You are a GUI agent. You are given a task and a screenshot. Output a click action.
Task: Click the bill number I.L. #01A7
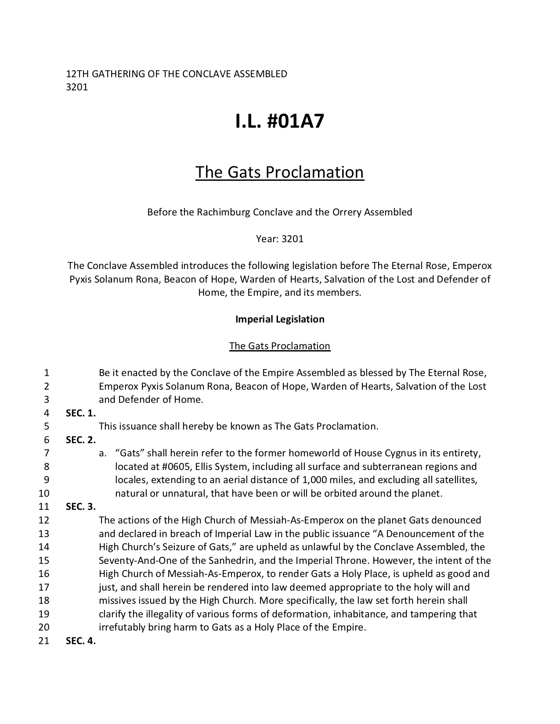280,121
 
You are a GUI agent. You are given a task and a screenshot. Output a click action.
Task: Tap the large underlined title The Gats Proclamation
280,172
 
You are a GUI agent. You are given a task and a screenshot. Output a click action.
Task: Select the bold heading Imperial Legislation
280,319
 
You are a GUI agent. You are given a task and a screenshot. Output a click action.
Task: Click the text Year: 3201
280,239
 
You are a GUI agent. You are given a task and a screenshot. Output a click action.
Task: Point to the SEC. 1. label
81,413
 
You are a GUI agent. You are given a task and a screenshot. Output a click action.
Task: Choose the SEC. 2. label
81,440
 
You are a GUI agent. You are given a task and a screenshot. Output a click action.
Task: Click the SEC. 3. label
81,507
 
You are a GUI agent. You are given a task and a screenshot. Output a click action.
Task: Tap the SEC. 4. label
81,641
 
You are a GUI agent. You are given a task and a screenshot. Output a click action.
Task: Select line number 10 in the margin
44,493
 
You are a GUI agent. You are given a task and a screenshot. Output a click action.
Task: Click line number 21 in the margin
43,641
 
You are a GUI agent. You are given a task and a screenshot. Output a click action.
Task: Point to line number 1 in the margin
47,373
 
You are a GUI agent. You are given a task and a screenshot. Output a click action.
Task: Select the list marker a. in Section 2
103,453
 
